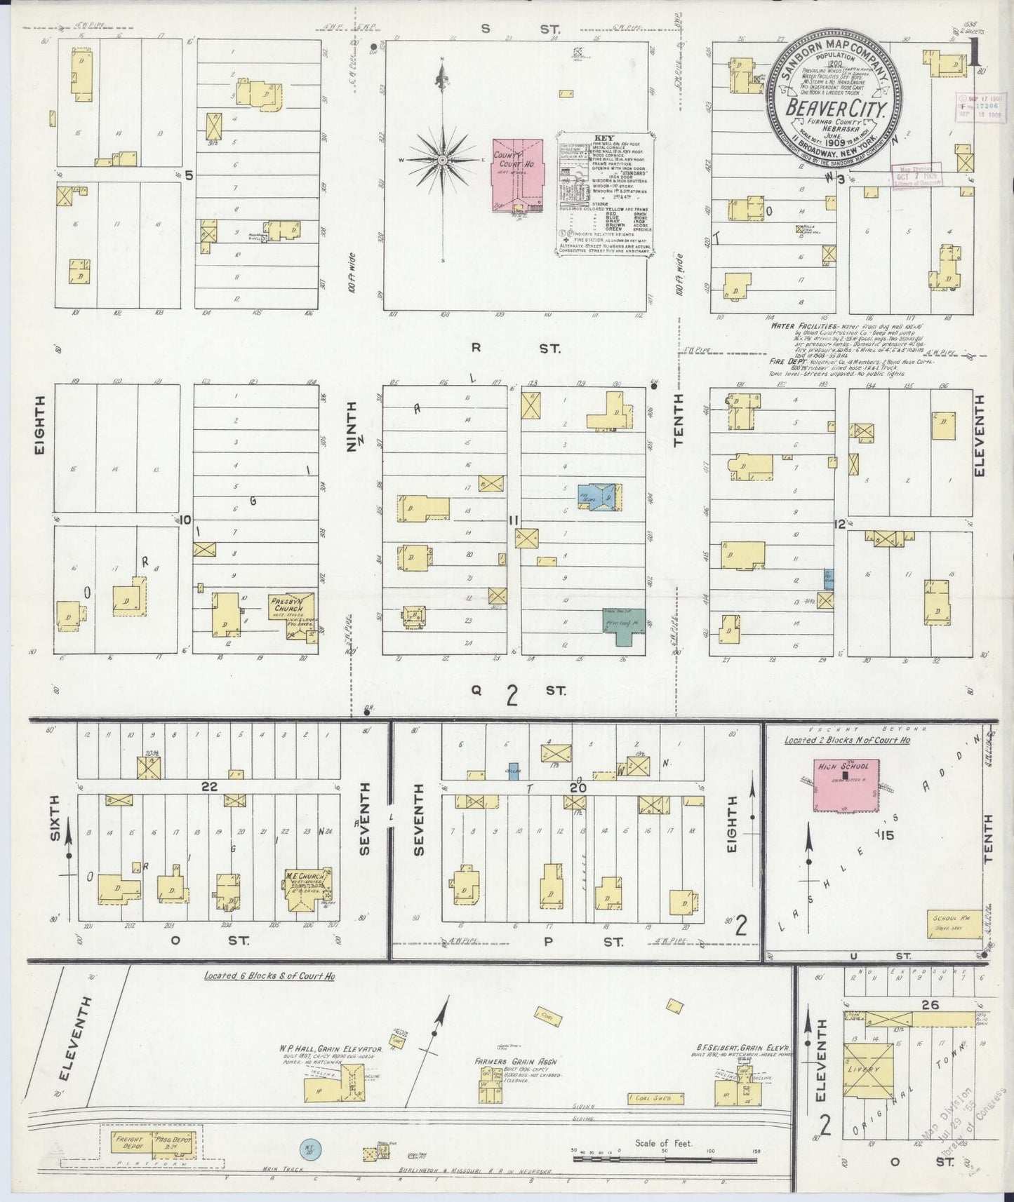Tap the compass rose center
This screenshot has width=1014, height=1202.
(x=443, y=161)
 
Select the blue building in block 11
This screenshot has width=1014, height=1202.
(x=596, y=496)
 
